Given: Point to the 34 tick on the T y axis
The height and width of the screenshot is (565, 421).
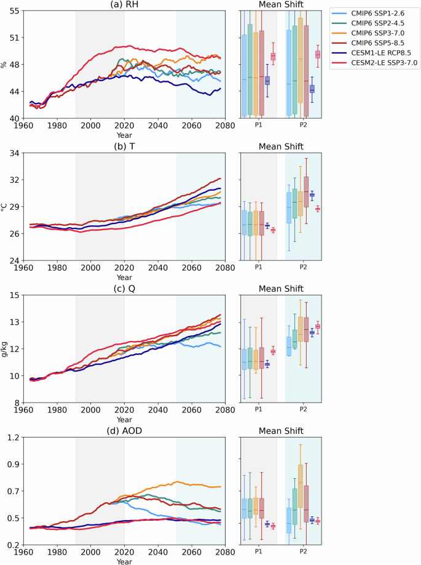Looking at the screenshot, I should [x=14, y=153].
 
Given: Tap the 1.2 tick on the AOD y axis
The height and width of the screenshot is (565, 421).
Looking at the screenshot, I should [x=13, y=437].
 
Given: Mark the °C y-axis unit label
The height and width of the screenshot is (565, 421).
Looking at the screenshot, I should [x=6, y=207].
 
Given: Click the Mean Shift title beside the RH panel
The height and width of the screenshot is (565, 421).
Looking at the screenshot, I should [x=280, y=5].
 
